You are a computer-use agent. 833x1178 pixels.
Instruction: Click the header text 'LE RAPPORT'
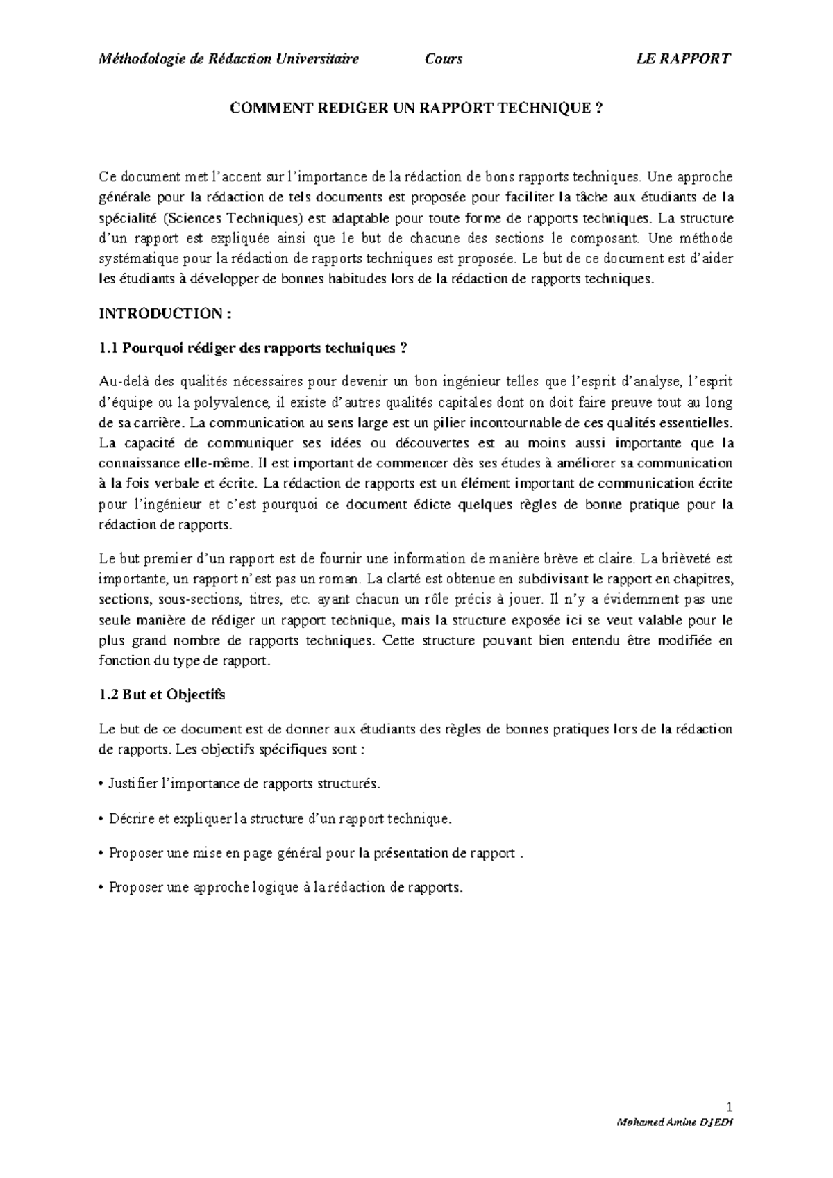[x=683, y=59]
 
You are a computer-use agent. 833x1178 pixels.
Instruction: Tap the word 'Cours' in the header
[x=444, y=59]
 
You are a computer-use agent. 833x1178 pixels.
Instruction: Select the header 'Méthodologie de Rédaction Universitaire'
[x=230, y=59]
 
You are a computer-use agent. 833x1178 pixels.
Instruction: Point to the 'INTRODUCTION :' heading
[x=165, y=314]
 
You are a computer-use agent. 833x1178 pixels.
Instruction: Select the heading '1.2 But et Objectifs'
[x=162, y=694]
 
